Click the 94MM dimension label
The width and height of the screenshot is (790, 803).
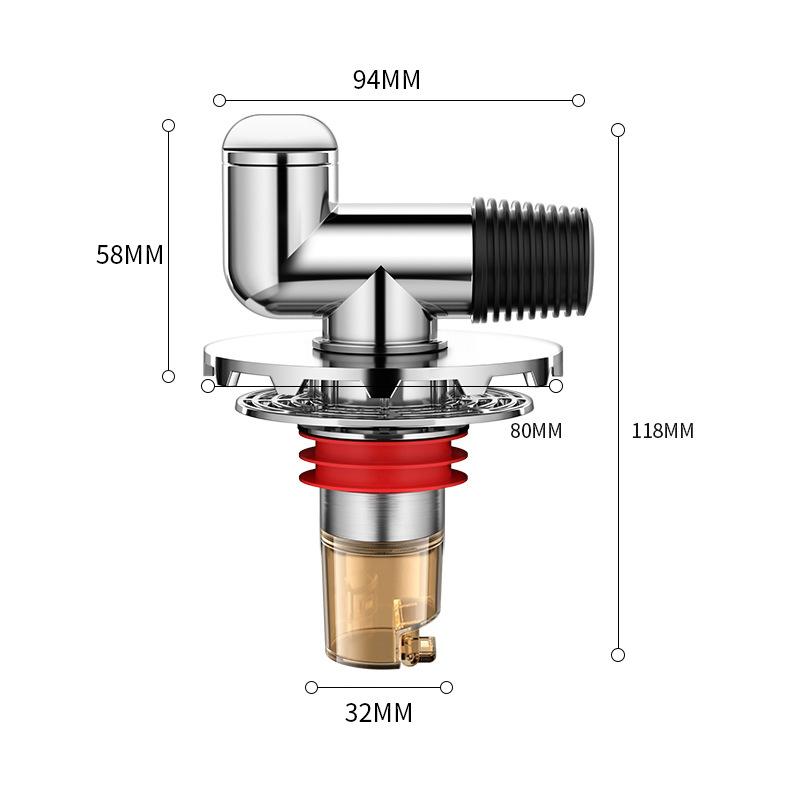387,80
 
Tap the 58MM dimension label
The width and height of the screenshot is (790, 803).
130,255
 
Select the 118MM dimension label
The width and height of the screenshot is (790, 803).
663,431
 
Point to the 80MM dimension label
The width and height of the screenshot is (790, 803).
536,431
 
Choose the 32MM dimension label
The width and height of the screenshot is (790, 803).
378,712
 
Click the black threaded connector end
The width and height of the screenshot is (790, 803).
532,261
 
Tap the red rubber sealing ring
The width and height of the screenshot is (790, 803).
383,459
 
